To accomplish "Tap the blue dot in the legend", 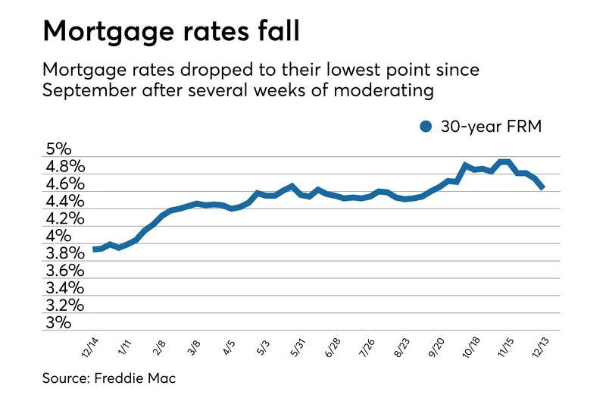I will pos(426,127).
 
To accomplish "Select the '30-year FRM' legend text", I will pos(491,127).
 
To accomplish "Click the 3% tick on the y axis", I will pos(60,323).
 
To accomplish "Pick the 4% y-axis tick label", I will pos(60,237).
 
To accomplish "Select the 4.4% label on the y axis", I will pos(65,202).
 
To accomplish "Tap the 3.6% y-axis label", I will pos(65,271).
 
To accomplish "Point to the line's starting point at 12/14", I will pos(95,249).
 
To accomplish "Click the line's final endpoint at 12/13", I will pos(542,187).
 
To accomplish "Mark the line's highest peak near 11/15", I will pos(504,162).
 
